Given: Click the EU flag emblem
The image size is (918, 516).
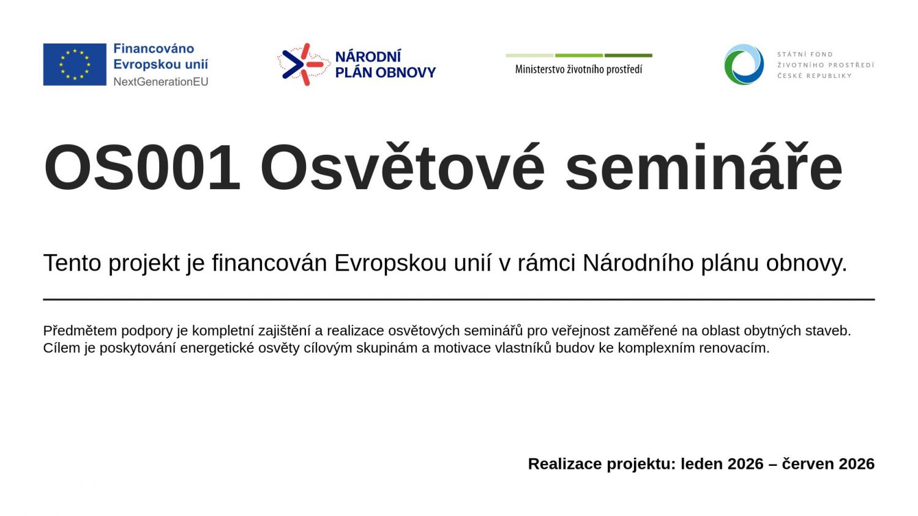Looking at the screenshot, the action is [75, 64].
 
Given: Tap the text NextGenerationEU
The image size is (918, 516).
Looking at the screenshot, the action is [160, 82].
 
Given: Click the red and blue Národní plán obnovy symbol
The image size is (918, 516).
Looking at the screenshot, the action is [304, 64].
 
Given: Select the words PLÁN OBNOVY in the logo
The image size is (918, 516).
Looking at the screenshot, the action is [385, 73].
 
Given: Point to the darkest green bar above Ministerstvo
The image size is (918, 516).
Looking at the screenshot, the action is [629, 55].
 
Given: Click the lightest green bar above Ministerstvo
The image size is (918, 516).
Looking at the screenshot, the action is [529, 55].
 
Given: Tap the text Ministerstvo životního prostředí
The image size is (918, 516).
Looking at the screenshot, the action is [579, 69].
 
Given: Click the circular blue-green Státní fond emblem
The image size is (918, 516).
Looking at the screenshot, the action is [744, 64].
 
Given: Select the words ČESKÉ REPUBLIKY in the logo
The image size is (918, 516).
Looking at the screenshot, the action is [815, 76].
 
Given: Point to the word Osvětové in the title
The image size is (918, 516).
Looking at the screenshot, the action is [403, 166].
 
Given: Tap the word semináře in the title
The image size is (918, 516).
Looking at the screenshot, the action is [704, 166].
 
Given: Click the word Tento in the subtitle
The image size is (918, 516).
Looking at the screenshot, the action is [72, 263].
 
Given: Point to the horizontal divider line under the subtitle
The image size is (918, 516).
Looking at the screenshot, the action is [459, 299].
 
